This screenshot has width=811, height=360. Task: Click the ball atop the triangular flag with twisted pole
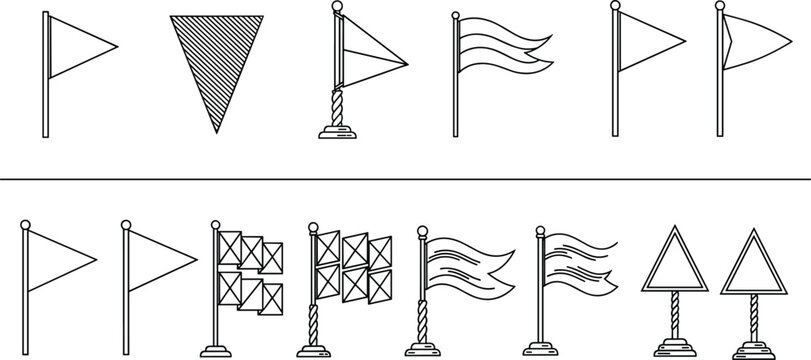[338, 8]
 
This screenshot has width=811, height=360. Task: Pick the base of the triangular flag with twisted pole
[338, 130]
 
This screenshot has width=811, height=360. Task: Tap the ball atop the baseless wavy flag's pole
[456, 15]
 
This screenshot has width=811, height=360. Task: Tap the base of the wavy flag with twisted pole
[424, 351]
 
